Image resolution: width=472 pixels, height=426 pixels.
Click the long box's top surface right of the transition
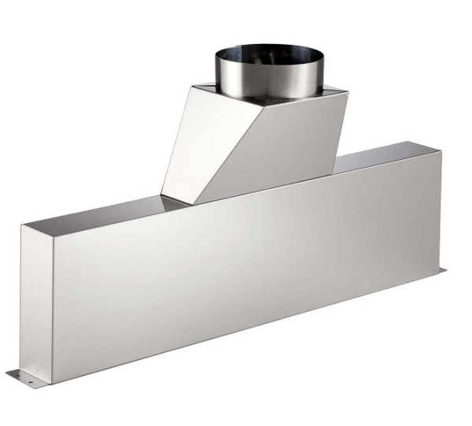point(385,154)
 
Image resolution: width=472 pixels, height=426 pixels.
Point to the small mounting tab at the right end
point(441,272)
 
